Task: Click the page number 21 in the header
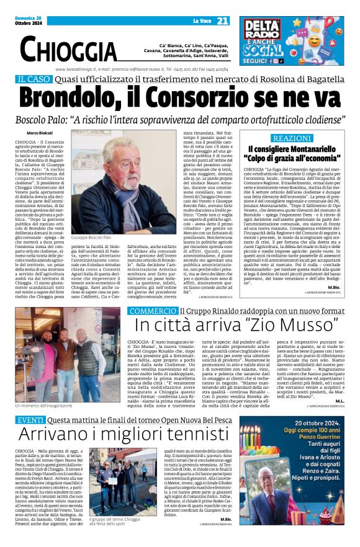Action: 223,21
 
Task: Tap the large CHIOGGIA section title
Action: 69,49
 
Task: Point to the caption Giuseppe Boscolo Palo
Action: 91,237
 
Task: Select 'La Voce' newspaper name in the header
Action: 200,22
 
